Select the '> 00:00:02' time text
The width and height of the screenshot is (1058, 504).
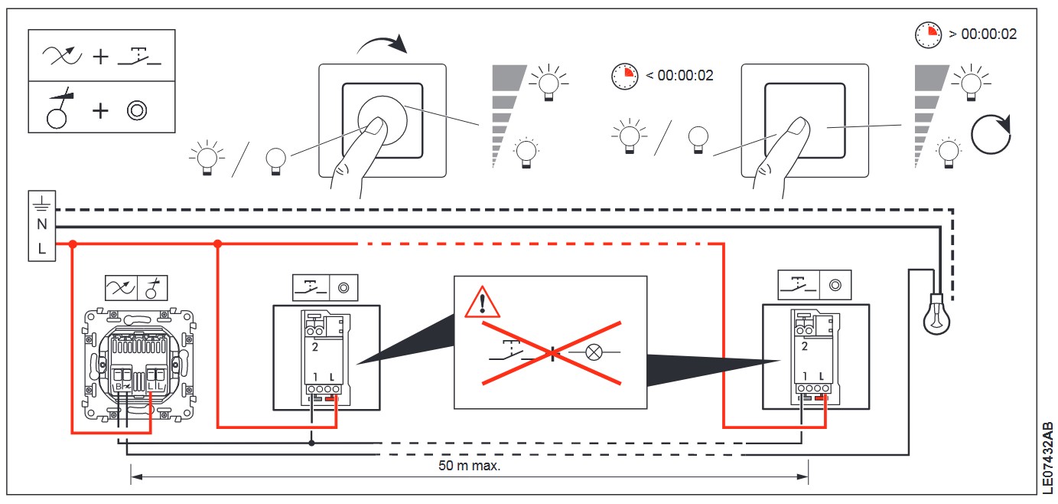(982, 34)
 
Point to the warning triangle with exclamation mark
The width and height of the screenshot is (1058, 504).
(482, 303)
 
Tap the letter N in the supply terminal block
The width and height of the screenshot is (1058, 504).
(41, 224)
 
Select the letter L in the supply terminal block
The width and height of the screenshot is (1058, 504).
(41, 248)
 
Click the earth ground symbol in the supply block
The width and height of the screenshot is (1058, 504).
(41, 201)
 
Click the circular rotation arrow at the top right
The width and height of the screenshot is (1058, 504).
(991, 135)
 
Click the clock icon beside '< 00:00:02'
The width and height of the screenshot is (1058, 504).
(624, 76)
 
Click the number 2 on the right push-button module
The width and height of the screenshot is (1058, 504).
(803, 346)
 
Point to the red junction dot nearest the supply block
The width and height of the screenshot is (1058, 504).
(73, 245)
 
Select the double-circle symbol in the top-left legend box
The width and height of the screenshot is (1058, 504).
(138, 110)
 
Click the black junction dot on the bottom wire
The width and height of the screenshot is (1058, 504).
(311, 443)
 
